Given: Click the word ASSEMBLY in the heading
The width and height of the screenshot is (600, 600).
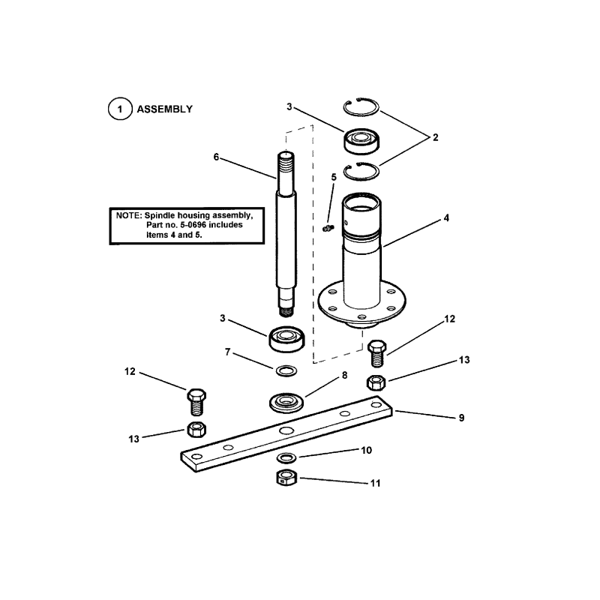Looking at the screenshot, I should [164, 109].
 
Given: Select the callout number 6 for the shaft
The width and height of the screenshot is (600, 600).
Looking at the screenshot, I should [216, 157].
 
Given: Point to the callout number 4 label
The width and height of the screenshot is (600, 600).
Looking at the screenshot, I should [446, 218].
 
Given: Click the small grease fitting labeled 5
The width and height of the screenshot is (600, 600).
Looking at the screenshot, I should [327, 227].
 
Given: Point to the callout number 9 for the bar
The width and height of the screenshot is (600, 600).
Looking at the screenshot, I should [461, 417].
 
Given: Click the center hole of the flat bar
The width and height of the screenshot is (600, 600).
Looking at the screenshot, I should [286, 432].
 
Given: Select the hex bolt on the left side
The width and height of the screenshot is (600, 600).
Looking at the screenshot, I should [196, 400].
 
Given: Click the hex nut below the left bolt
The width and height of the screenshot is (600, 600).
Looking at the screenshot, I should [196, 430].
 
